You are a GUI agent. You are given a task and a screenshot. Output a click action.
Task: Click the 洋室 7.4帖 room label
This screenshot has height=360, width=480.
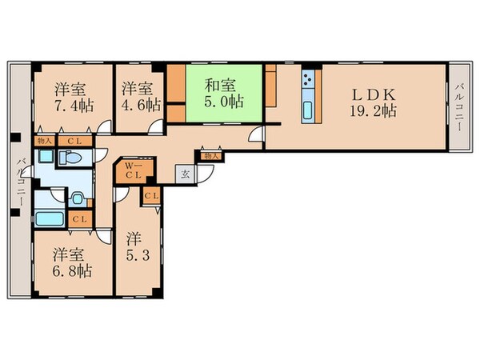(x=70, y=97)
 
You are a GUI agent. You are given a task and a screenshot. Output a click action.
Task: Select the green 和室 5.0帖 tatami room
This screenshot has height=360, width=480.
(x=224, y=94)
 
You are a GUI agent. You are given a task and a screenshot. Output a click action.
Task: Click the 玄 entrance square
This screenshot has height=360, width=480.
(x=184, y=172)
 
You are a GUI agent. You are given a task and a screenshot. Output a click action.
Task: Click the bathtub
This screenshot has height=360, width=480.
(x=50, y=218)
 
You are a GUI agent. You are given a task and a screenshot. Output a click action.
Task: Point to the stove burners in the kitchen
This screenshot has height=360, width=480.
(x=308, y=81)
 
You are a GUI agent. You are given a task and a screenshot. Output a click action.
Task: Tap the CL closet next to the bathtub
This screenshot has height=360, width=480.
(x=78, y=219)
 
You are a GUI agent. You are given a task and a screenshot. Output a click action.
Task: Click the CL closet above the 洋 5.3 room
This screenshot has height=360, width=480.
(x=151, y=194)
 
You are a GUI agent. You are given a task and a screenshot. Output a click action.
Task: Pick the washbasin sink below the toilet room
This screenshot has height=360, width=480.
(x=77, y=198)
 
